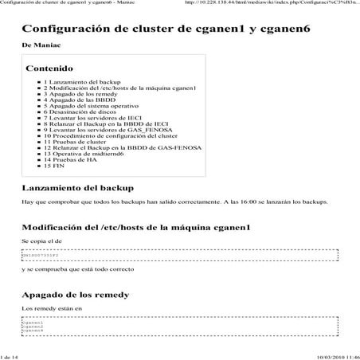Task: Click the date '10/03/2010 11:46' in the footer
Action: click(337, 356)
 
